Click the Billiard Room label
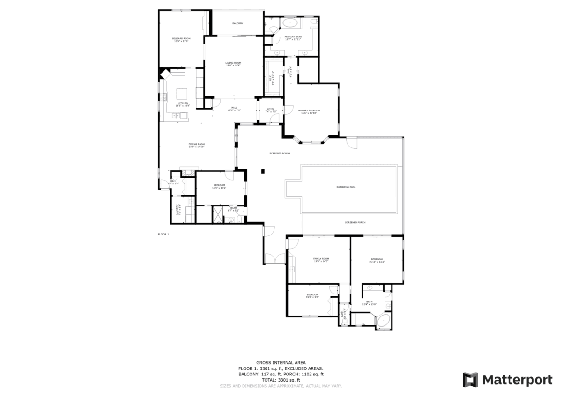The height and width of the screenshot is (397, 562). pos(181,38)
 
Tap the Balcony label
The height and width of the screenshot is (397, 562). pos(237,23)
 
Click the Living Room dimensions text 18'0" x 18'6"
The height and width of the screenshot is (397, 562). pos(233,66)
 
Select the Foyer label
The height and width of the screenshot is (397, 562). pos(271,109)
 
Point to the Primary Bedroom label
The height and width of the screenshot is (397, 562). pos(309,110)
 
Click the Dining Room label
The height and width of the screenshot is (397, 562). pos(197,144)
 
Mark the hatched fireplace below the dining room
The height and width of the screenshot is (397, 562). pos(188,173)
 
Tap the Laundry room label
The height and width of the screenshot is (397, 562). pos(177,209)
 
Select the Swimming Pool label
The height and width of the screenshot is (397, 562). pos(346,187)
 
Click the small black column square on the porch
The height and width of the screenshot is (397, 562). pos(264,171)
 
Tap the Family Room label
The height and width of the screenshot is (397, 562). pos(321,259)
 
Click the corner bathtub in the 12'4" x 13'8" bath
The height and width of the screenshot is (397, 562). pos(384,322)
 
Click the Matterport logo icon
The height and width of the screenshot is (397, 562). pos(470,380)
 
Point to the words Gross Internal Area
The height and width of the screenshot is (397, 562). pos(281,362)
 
